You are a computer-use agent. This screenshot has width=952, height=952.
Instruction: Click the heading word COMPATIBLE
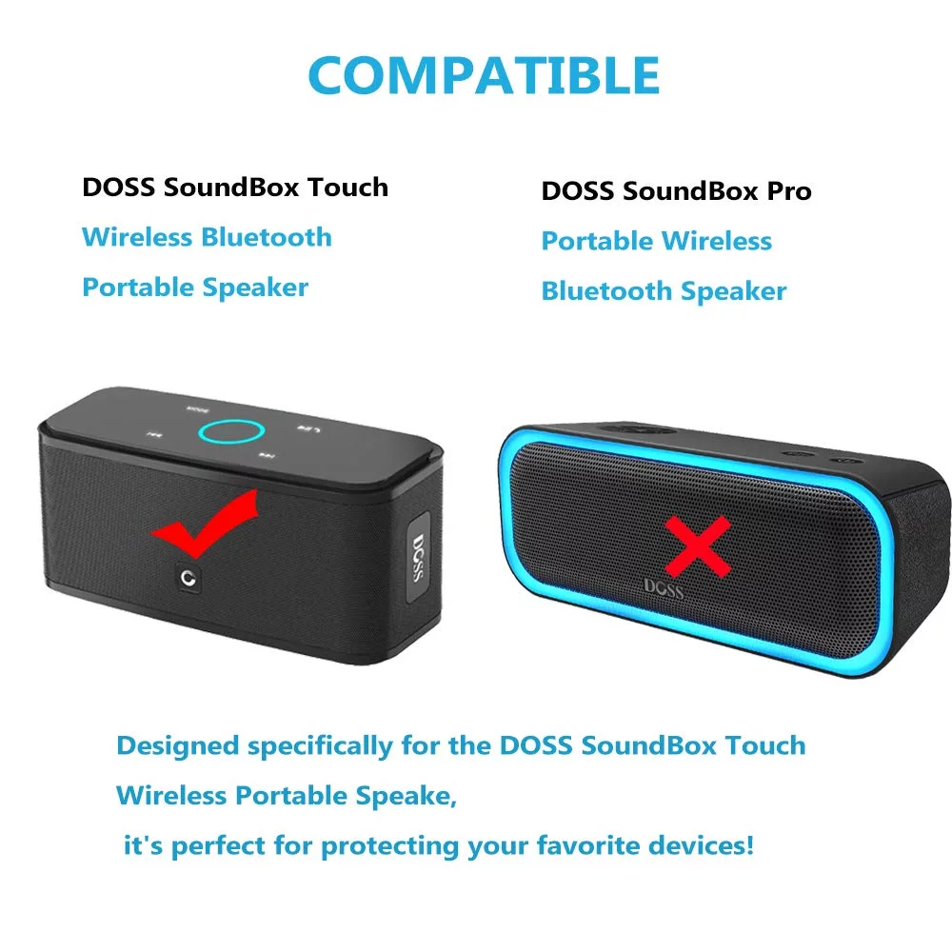(x=484, y=75)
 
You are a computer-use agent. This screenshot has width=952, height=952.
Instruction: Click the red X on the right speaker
(x=698, y=546)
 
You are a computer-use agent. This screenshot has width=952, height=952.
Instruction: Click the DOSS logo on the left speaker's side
(x=418, y=558)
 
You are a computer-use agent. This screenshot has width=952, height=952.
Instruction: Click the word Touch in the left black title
(x=347, y=187)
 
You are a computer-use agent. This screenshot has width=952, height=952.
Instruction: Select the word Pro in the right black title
(x=789, y=191)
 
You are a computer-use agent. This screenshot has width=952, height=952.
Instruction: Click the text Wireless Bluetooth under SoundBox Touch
(x=207, y=237)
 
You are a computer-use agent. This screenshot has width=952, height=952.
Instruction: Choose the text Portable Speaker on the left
(x=195, y=288)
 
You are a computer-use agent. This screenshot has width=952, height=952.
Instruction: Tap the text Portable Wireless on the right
(x=656, y=241)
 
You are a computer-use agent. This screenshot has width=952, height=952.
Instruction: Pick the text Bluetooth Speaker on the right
(x=664, y=291)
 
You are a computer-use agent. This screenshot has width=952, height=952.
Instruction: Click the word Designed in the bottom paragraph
(x=177, y=745)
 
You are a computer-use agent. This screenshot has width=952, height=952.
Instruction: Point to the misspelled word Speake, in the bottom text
(x=407, y=796)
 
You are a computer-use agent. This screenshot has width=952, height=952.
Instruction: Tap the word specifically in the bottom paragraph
(x=320, y=746)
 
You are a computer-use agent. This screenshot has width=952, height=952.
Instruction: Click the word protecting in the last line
(x=389, y=846)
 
